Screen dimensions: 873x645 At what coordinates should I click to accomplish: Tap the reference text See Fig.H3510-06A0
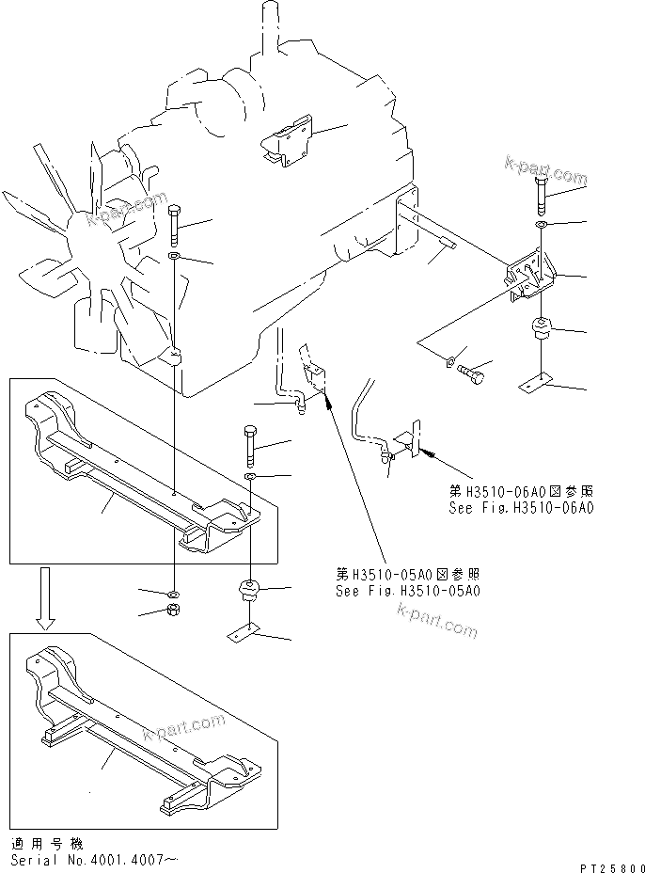point(521,509)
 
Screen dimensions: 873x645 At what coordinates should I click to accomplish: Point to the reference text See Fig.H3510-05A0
point(408,591)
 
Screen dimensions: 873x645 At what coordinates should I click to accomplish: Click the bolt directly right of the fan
point(175,227)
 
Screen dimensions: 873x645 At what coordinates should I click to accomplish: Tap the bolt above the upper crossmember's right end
point(249,443)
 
